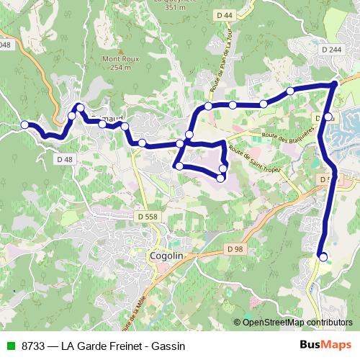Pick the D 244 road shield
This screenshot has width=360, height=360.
click(x=331, y=49)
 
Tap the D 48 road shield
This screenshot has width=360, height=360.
click(x=64, y=158)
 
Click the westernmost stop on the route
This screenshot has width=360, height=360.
click(x=24, y=125)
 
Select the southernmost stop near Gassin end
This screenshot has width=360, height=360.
click(x=323, y=256)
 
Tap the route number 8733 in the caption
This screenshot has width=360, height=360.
click(x=34, y=346)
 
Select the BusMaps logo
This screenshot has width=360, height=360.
click(x=325, y=345)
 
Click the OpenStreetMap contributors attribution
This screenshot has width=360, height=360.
click(x=295, y=322)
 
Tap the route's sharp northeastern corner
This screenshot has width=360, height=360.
click(x=335, y=85)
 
